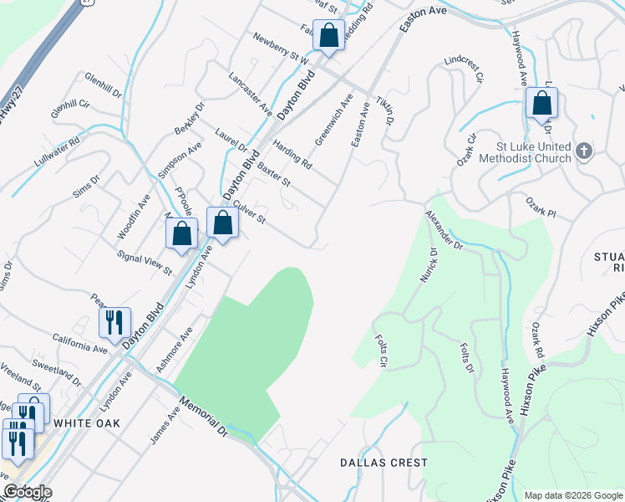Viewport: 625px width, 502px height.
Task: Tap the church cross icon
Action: [x=584, y=152]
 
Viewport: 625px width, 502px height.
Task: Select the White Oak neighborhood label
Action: [x=87, y=423]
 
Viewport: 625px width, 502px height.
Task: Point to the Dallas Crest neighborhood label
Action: [x=384, y=463]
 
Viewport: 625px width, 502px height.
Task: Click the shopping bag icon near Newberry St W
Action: [x=328, y=37]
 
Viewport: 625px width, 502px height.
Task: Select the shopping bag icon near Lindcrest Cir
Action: [x=541, y=105]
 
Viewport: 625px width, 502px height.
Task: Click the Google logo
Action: [x=27, y=492]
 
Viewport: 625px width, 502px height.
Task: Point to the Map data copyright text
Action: [x=572, y=495]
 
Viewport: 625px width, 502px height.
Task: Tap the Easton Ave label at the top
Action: [x=423, y=19]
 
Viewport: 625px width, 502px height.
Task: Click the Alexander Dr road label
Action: [x=443, y=230]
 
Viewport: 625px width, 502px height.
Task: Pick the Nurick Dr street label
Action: [x=428, y=265]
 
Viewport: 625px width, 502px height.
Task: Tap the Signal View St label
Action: [x=144, y=263]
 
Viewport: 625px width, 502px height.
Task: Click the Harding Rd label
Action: [x=291, y=153]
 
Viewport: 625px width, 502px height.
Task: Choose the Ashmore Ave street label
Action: [x=174, y=350]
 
